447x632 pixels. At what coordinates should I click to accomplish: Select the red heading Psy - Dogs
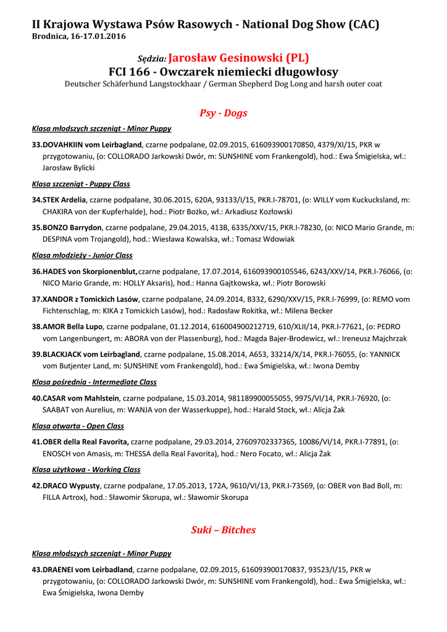(x=223, y=113)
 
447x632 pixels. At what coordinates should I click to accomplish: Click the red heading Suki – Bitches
(x=223, y=530)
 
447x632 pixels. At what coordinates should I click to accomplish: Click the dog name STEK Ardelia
(x=64, y=200)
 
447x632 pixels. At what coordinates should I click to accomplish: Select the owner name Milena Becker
(x=309, y=311)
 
